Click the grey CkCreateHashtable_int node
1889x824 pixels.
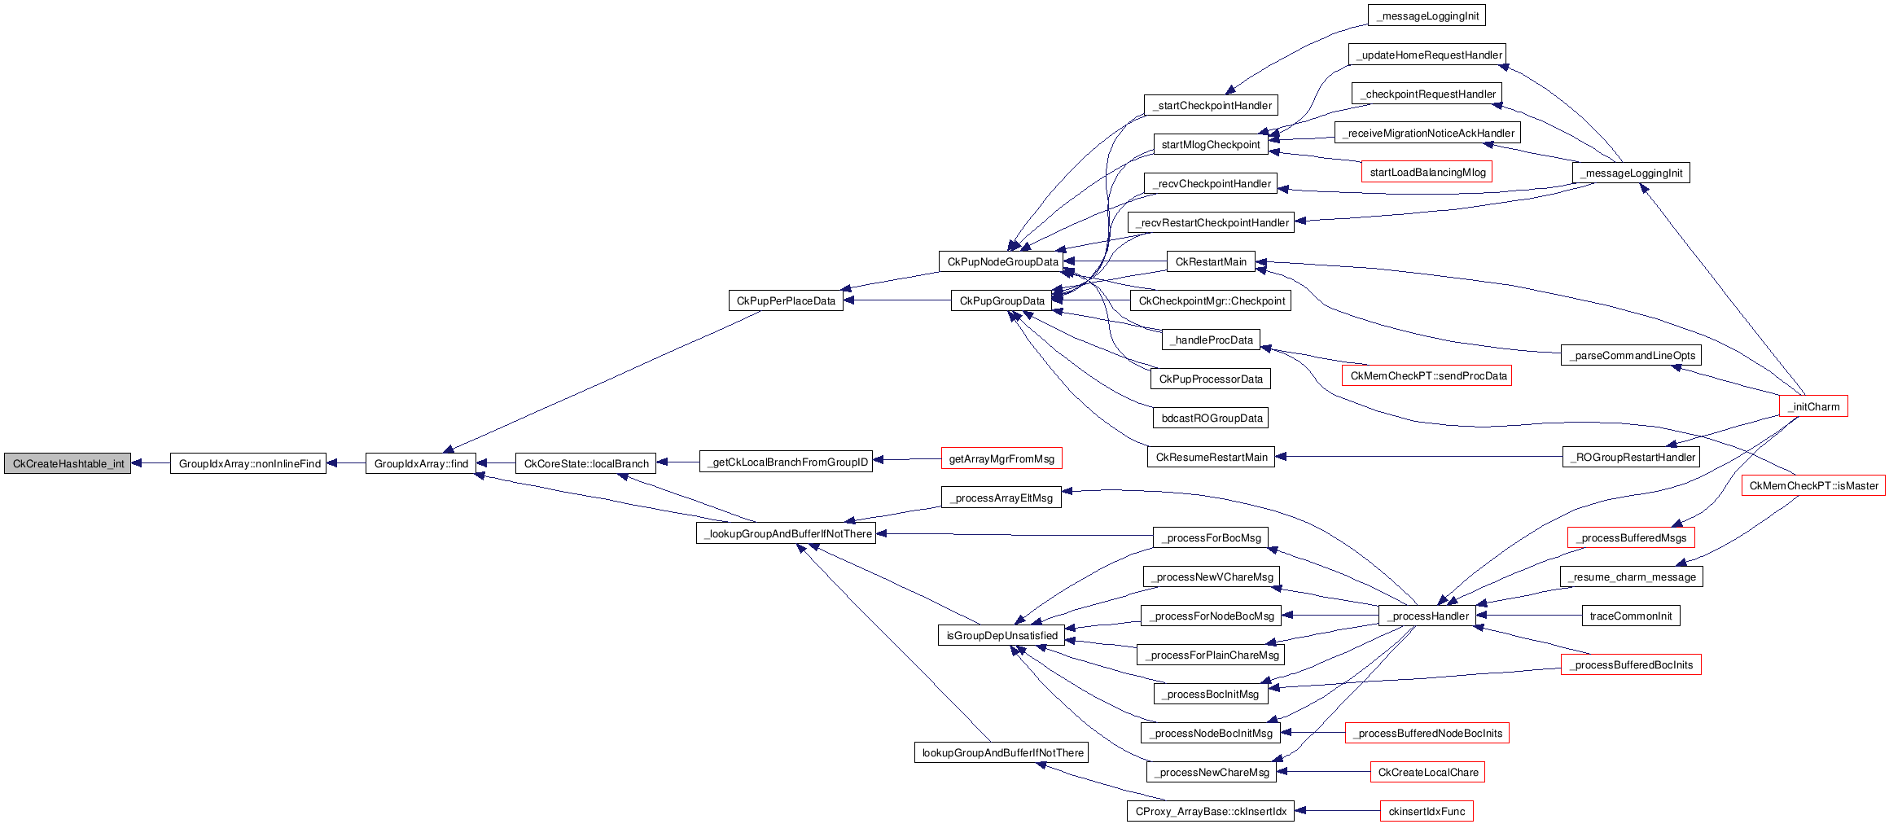point(68,463)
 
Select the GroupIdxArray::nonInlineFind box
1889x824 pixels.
point(248,463)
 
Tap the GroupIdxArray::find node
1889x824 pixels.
point(421,463)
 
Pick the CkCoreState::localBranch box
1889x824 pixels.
point(585,463)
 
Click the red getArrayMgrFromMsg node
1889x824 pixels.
point(1001,458)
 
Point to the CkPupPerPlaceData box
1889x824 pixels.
point(786,300)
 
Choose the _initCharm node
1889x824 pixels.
point(1814,406)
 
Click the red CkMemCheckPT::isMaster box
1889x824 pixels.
point(1813,485)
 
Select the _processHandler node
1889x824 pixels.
point(1427,616)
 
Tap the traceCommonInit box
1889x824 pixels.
point(1631,616)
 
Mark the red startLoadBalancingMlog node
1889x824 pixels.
point(1427,172)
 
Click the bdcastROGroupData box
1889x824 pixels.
point(1211,418)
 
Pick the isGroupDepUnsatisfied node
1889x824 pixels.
point(1001,635)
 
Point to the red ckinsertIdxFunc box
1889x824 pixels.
point(1427,811)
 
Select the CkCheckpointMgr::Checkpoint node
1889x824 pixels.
point(1211,300)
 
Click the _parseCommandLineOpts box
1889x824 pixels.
point(1631,355)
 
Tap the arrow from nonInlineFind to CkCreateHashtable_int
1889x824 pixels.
point(151,463)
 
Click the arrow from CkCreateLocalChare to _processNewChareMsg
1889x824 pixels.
point(1323,771)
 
